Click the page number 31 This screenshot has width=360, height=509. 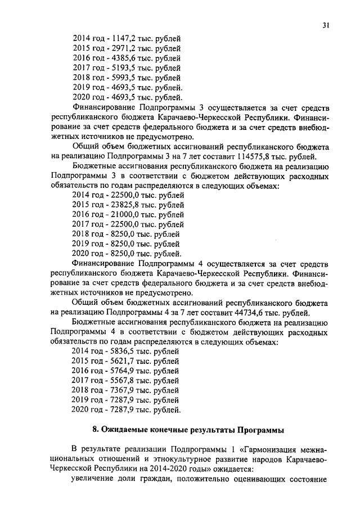[326, 25]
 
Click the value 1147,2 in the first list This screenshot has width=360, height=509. [123, 38]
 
